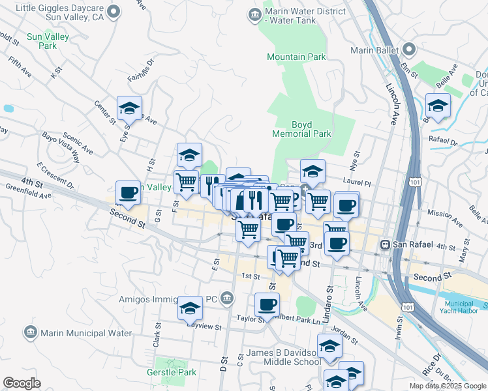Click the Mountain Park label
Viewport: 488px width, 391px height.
click(x=296, y=57)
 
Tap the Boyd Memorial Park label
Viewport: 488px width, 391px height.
click(x=311, y=128)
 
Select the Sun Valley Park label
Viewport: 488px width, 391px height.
click(x=48, y=42)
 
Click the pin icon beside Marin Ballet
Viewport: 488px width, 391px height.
click(x=409, y=50)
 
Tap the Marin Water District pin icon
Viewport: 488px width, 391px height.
click(x=253, y=14)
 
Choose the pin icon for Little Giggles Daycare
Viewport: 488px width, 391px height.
click(x=114, y=11)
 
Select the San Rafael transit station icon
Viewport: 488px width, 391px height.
click(x=386, y=244)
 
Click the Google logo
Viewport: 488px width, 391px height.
click(x=22, y=383)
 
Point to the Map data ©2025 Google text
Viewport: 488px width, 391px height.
click(x=448, y=386)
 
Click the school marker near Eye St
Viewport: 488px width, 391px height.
click(x=129, y=108)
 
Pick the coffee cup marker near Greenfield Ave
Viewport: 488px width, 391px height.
click(x=128, y=193)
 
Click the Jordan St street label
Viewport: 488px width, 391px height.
click(x=344, y=334)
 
